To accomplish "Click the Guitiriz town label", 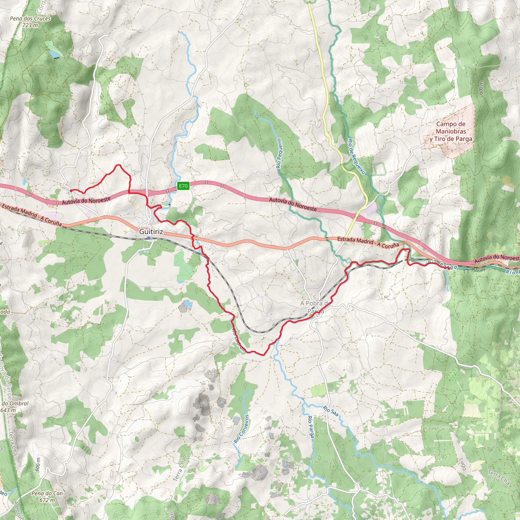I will pyautogui.click(x=151, y=232).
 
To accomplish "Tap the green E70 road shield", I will pyautogui.click(x=183, y=186).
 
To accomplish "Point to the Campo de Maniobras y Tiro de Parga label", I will pyautogui.click(x=451, y=132).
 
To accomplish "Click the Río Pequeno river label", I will pyautogui.click(x=279, y=153).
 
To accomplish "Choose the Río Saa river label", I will pyautogui.click(x=331, y=411).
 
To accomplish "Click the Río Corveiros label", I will pyautogui.click(x=241, y=429).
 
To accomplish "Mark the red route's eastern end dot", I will pyautogui.click(x=449, y=268).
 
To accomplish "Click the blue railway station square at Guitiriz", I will pyautogui.click(x=149, y=238).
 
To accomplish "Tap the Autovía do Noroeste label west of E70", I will pyautogui.click(x=86, y=201).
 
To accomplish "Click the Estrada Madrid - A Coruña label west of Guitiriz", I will pyautogui.click(x=32, y=215).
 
